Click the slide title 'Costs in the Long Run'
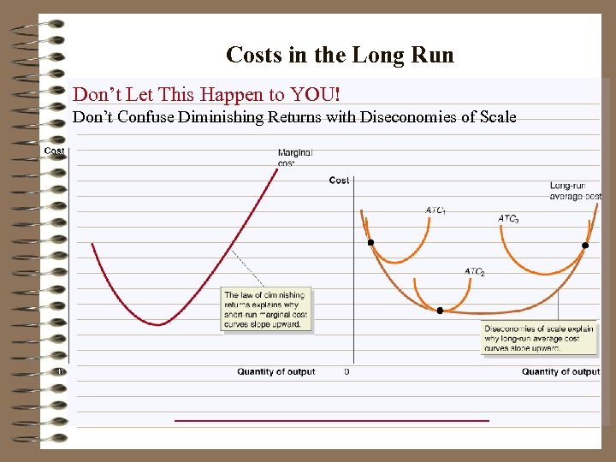(x=340, y=56)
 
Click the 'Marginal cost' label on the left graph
(x=294, y=157)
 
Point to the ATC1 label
(x=435, y=210)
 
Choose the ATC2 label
(x=475, y=272)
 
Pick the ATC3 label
(x=508, y=219)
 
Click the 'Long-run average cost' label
(x=575, y=191)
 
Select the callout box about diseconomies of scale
(x=537, y=339)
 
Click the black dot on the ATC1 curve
(x=370, y=243)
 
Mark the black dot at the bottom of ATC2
(x=440, y=311)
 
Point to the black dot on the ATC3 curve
(x=585, y=246)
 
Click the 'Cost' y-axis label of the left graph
(x=54, y=151)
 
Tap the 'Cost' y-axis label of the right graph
(x=339, y=181)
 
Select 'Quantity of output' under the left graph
(x=275, y=372)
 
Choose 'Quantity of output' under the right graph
(x=560, y=372)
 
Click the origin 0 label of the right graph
(x=346, y=372)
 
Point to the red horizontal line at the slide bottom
(x=331, y=420)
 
